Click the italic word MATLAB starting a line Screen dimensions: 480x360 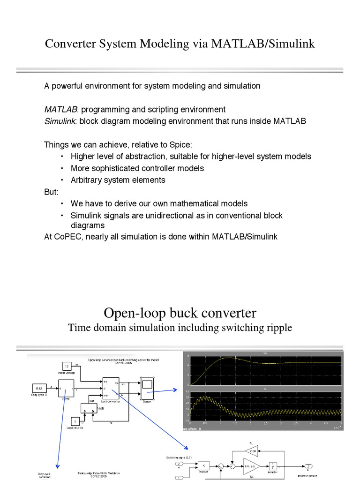click(60, 110)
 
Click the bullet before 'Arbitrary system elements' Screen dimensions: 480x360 click(61, 180)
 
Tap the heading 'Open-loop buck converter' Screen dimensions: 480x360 click(180, 312)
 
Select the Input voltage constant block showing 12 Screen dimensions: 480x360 click(67, 366)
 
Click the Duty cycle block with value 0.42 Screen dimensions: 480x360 click(39, 388)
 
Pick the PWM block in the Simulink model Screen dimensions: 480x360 click(66, 390)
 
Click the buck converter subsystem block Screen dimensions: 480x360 click(111, 389)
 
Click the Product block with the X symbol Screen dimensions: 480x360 click(204, 465)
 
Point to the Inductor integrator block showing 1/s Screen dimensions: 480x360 click(274, 465)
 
